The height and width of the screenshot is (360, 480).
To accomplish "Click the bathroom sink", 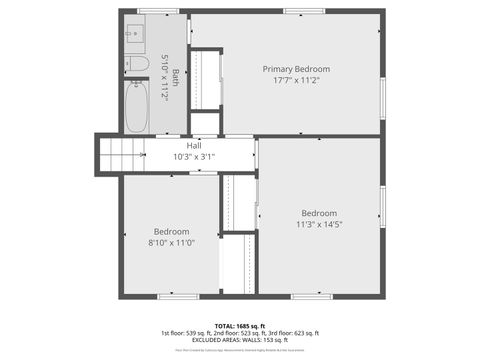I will coord(135,33).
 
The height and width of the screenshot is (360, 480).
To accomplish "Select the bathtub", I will coord(137,108).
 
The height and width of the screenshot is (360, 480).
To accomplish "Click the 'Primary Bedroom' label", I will coord(296,69).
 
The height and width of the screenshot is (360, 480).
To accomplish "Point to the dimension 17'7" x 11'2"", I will coord(296,82).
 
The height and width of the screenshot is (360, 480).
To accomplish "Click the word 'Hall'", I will coord(193,146).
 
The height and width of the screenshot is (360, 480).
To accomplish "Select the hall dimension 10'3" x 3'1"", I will coord(193,157).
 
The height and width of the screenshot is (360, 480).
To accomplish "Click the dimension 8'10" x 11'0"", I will coord(171,243).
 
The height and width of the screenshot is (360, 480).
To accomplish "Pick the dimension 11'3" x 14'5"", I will coord(319,225).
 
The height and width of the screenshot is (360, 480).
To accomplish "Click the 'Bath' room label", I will coord(176,76).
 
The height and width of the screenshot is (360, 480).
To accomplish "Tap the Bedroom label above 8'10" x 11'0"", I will coord(171,231).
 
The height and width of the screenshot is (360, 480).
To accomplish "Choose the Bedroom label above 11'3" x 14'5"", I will coord(319,213).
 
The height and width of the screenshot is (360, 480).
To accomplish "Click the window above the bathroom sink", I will coord(157,11).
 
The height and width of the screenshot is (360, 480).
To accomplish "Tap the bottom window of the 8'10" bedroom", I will coord(178,295).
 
